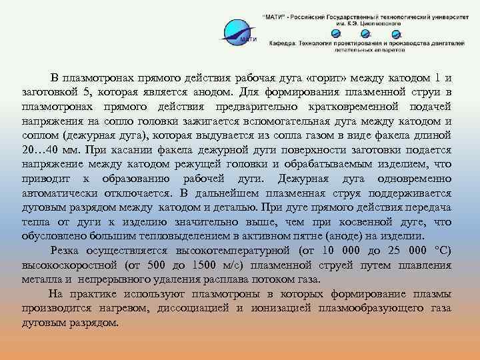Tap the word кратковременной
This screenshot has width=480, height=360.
click(361, 107)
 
